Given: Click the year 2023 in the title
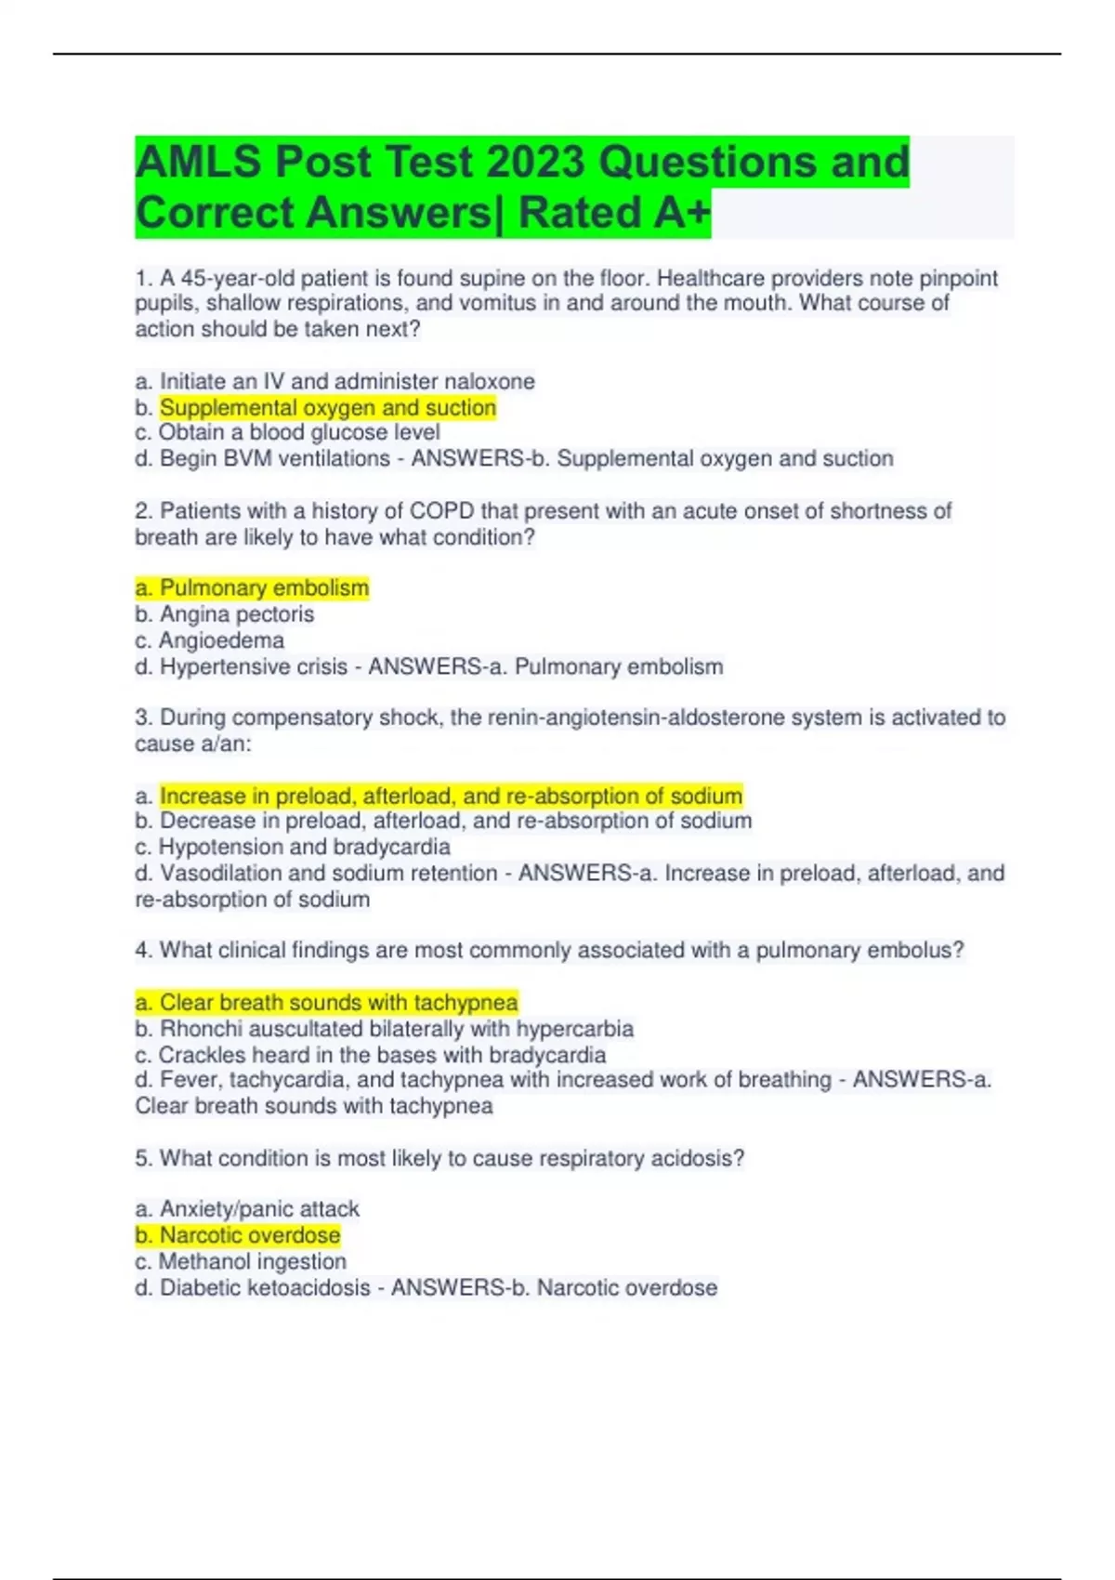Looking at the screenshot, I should coord(536,162).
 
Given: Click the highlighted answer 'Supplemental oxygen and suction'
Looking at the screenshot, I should coord(327,407).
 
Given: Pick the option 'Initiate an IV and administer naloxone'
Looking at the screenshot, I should coord(334,381).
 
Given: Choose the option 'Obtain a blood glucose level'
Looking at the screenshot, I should coord(287,432).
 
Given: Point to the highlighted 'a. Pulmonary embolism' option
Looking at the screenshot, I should coord(252,587).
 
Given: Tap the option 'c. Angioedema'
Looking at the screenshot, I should coord(209,640).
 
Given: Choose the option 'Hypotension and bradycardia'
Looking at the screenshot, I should coord(293,847).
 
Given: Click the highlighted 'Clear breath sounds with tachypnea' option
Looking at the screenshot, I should coord(326,1002).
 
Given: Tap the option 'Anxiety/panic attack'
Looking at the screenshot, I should coord(247,1208).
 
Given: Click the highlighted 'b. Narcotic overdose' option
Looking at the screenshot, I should coord(238,1235).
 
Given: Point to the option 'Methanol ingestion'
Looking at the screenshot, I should coord(241,1261).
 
